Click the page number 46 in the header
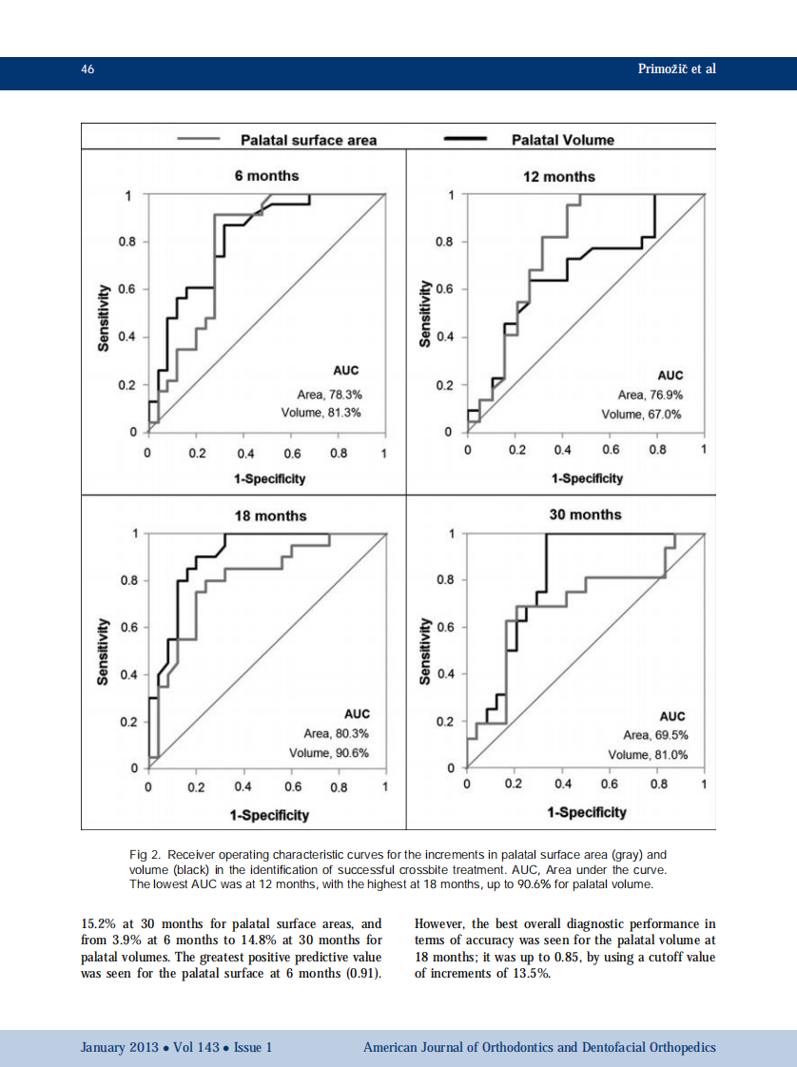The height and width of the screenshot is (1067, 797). click(x=87, y=69)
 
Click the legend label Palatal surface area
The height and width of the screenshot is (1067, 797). click(x=308, y=140)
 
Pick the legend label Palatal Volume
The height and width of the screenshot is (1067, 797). click(x=563, y=140)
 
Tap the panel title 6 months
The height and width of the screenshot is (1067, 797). click(x=266, y=176)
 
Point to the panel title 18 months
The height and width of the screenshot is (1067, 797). click(x=270, y=515)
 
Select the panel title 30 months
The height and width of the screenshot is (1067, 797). click(x=585, y=514)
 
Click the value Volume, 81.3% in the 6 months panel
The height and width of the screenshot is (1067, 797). click(x=321, y=413)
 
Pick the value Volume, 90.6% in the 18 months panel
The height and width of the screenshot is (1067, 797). click(x=328, y=752)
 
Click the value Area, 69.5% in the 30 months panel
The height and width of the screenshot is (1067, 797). click(x=655, y=735)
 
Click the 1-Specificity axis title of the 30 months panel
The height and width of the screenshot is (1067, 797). click(x=587, y=812)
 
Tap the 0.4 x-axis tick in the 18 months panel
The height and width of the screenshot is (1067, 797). click(x=243, y=787)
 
